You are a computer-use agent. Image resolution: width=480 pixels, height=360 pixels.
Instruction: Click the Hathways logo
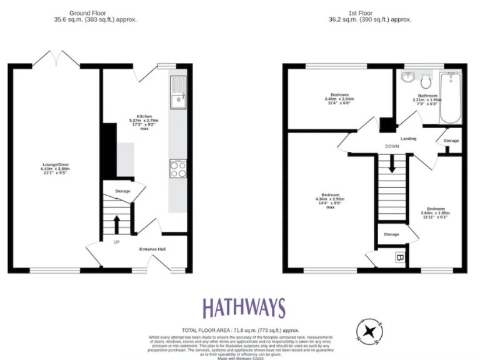243,308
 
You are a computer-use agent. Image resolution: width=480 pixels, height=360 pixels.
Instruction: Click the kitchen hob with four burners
177,169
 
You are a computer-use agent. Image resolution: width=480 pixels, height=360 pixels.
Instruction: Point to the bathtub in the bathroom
450,98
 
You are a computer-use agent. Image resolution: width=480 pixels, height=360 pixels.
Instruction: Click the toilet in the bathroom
427,80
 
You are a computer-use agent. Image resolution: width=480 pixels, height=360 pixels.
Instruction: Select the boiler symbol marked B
399,257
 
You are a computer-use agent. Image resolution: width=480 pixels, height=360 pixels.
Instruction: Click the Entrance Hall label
152,249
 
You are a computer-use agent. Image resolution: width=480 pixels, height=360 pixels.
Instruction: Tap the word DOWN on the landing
392,147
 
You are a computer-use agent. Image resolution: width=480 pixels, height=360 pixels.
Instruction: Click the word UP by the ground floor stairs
116,242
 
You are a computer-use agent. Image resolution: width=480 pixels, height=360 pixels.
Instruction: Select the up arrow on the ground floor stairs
116,223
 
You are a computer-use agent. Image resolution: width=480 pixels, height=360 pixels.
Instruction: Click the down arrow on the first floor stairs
392,164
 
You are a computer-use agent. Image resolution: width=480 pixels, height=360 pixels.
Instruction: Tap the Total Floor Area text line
241,329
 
